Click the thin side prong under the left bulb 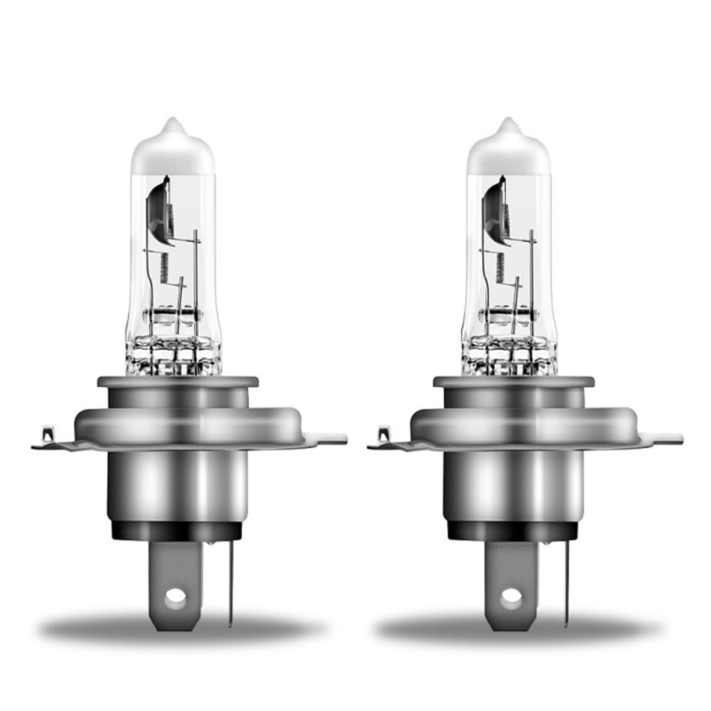(230, 583)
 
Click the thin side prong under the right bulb (566, 583)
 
